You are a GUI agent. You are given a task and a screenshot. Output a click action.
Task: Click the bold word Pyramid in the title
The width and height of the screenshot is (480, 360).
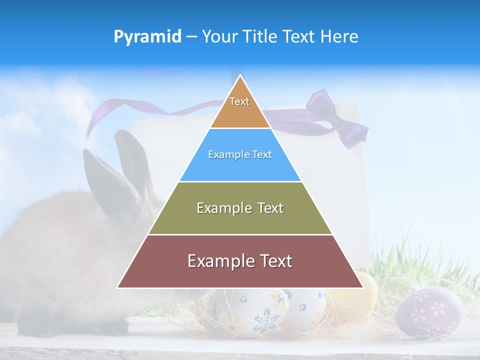point(147,36)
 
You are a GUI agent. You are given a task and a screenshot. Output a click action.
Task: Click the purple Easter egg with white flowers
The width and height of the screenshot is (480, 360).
point(429,310)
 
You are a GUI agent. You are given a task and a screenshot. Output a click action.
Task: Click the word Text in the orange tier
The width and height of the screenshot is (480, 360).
point(239,101)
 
